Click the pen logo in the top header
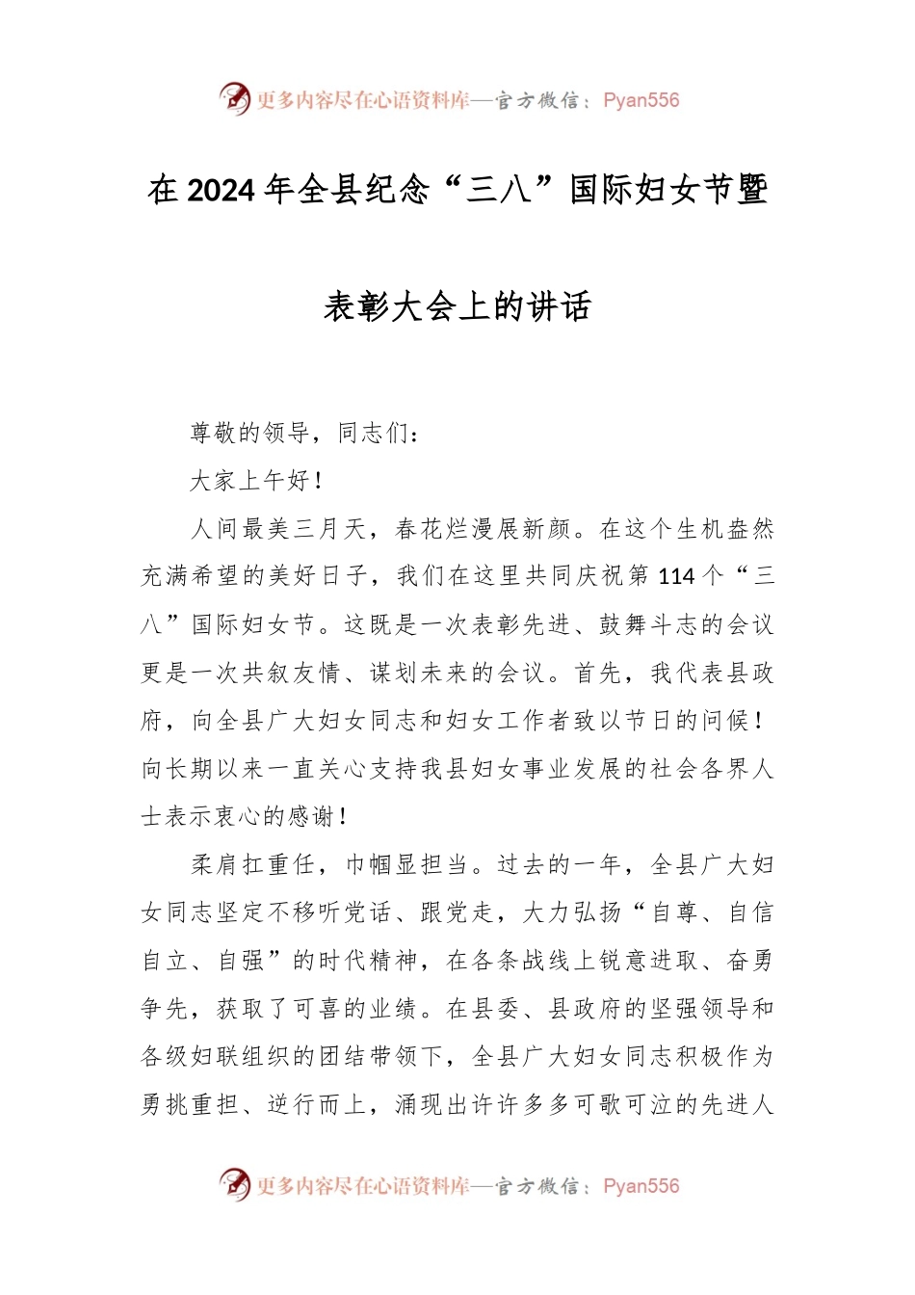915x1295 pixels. click(234, 98)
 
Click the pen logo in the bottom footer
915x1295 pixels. click(234, 1184)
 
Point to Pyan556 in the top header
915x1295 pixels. click(640, 100)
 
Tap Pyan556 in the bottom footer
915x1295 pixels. click(640, 1186)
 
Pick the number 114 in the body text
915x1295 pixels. click(676, 576)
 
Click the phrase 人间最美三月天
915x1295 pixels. click(278, 528)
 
